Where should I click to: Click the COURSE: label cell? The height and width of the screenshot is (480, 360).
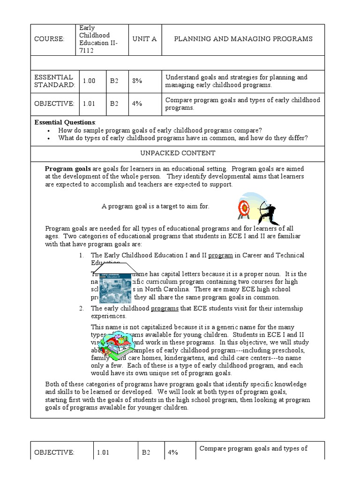coord(49,39)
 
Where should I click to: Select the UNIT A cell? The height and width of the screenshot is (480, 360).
coord(144,39)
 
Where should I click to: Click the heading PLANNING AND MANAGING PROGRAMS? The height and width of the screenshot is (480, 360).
coord(243,39)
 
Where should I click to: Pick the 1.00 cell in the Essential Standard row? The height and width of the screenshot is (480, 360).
coord(89,81)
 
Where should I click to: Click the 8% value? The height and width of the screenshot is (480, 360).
coord(137,81)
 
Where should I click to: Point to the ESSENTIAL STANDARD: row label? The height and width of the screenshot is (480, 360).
coord(54,81)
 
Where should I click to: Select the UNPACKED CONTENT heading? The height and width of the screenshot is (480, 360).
coord(178,153)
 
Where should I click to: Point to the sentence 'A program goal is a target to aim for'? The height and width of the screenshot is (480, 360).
coord(155,206)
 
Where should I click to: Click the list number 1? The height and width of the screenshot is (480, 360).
coord(81,255)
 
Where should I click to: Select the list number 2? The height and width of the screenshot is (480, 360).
coord(81,308)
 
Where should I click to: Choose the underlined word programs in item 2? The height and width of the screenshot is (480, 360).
coord(165,308)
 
